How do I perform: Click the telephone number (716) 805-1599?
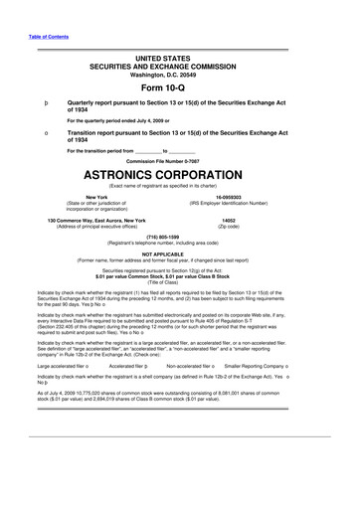point(179,237)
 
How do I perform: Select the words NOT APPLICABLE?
point(179,254)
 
